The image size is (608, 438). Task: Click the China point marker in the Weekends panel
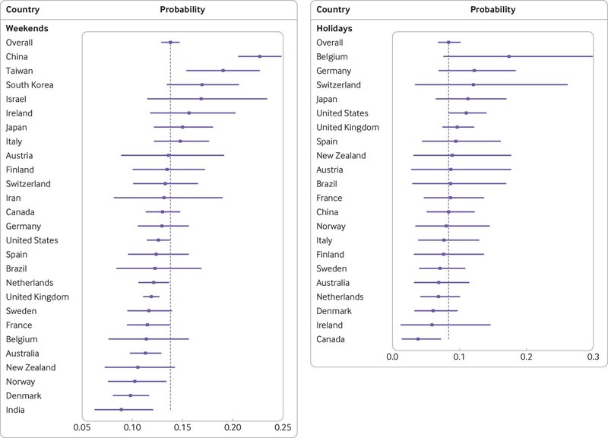[260, 56]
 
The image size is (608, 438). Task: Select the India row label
[15, 409]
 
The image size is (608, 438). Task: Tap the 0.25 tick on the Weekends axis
[282, 427]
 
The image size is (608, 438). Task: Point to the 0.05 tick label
[81, 427]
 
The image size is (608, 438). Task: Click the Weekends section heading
[27, 28]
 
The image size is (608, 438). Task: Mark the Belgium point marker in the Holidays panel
[509, 56]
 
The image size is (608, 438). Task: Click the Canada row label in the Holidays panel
[331, 338]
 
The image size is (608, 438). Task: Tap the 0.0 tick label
[392, 354]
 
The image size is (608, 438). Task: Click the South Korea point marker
[202, 84]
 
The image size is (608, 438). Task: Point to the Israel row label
[17, 99]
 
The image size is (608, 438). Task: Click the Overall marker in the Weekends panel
[170, 43]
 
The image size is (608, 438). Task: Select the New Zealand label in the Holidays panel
[342, 155]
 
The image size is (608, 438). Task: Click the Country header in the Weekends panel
[23, 10]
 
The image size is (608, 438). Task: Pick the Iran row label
[14, 198]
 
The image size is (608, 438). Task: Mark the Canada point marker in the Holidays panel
[418, 338]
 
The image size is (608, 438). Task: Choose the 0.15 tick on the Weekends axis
[182, 427]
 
